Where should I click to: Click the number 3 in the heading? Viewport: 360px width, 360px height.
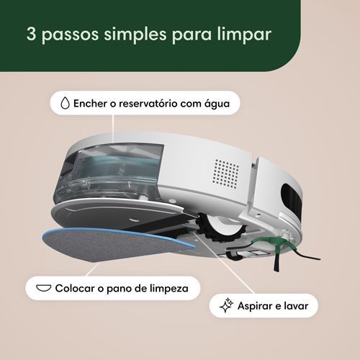tap(31, 33)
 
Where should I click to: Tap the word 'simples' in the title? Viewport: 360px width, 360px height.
tap(135, 35)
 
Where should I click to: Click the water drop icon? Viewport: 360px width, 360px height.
tap(65, 103)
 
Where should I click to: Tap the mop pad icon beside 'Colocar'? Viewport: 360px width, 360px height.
tap(43, 288)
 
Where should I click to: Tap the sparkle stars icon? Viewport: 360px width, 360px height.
tap(226, 305)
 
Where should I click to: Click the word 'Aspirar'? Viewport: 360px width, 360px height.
tap(254, 306)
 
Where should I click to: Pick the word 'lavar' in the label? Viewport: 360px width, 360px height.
tap(296, 305)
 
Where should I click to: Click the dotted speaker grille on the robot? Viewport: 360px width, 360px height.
tap(226, 174)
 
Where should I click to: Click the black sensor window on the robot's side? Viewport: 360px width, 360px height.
tap(291, 199)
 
